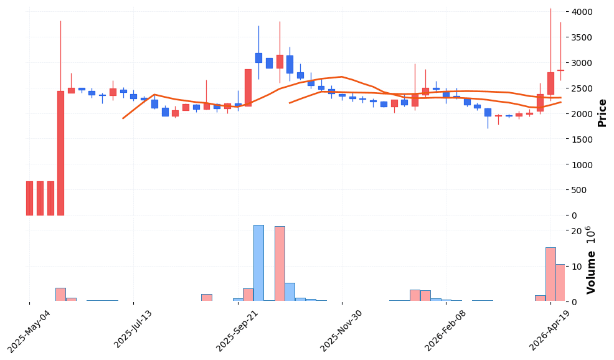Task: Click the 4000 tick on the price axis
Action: [x=582, y=12]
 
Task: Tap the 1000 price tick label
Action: [x=582, y=164]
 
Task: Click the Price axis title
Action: [x=602, y=113]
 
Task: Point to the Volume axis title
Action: [x=592, y=272]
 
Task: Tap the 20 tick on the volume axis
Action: [x=576, y=231]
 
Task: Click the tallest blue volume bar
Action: [x=258, y=263]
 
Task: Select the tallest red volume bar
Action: [x=280, y=263]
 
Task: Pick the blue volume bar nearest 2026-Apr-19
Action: [x=550, y=274]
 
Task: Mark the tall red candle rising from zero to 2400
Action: [x=61, y=153]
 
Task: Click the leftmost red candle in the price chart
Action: [x=29, y=198]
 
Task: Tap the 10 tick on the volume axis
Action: [x=576, y=267]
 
